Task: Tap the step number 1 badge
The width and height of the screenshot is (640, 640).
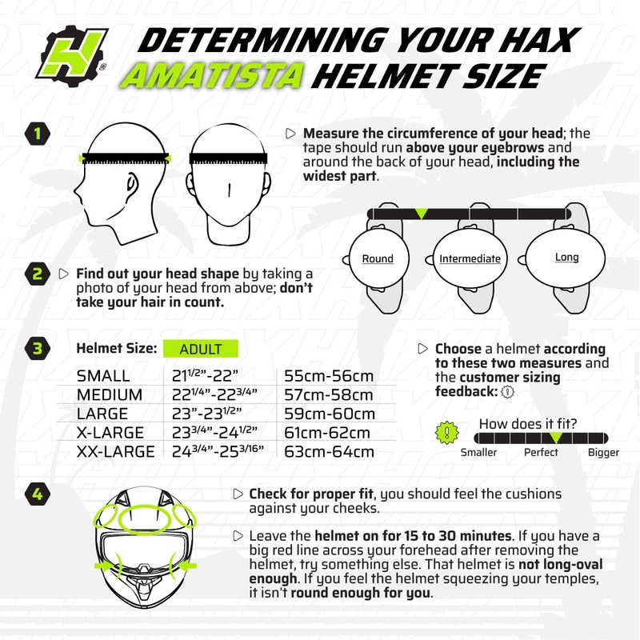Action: pyautogui.click(x=37, y=134)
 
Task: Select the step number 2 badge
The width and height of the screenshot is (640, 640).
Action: pyautogui.click(x=37, y=275)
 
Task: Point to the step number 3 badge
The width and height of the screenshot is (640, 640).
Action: pyautogui.click(x=37, y=349)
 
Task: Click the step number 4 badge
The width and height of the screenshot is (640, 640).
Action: pyautogui.click(x=37, y=493)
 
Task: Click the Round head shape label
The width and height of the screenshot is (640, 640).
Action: pyautogui.click(x=378, y=258)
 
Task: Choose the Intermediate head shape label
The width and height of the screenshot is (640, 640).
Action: pyautogui.click(x=470, y=258)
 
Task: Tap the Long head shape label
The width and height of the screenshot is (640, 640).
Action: pyautogui.click(x=566, y=258)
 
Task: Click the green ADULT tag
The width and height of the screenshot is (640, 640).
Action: pyautogui.click(x=202, y=350)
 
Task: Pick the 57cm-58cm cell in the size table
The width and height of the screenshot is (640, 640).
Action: pyautogui.click(x=329, y=395)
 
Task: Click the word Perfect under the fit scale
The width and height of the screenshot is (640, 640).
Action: pyautogui.click(x=541, y=453)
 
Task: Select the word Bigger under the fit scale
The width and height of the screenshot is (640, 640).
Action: pyautogui.click(x=603, y=453)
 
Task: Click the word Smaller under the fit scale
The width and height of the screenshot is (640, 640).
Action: pyautogui.click(x=478, y=453)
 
